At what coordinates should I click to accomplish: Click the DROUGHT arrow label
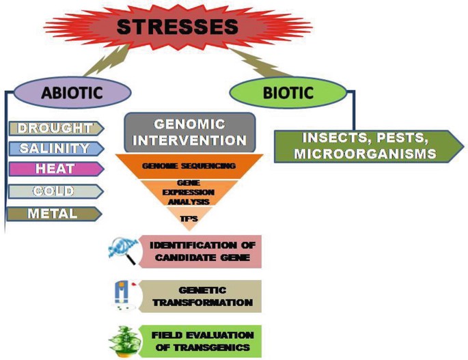tap(55, 128)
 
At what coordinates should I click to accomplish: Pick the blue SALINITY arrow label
tap(55, 148)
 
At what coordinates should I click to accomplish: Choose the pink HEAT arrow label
tap(55, 169)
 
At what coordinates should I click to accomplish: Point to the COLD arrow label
tap(55, 191)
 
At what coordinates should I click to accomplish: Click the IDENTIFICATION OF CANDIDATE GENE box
tap(197, 251)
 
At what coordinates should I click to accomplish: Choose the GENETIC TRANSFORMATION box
tap(197, 296)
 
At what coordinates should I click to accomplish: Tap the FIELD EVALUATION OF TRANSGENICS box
tap(197, 340)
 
